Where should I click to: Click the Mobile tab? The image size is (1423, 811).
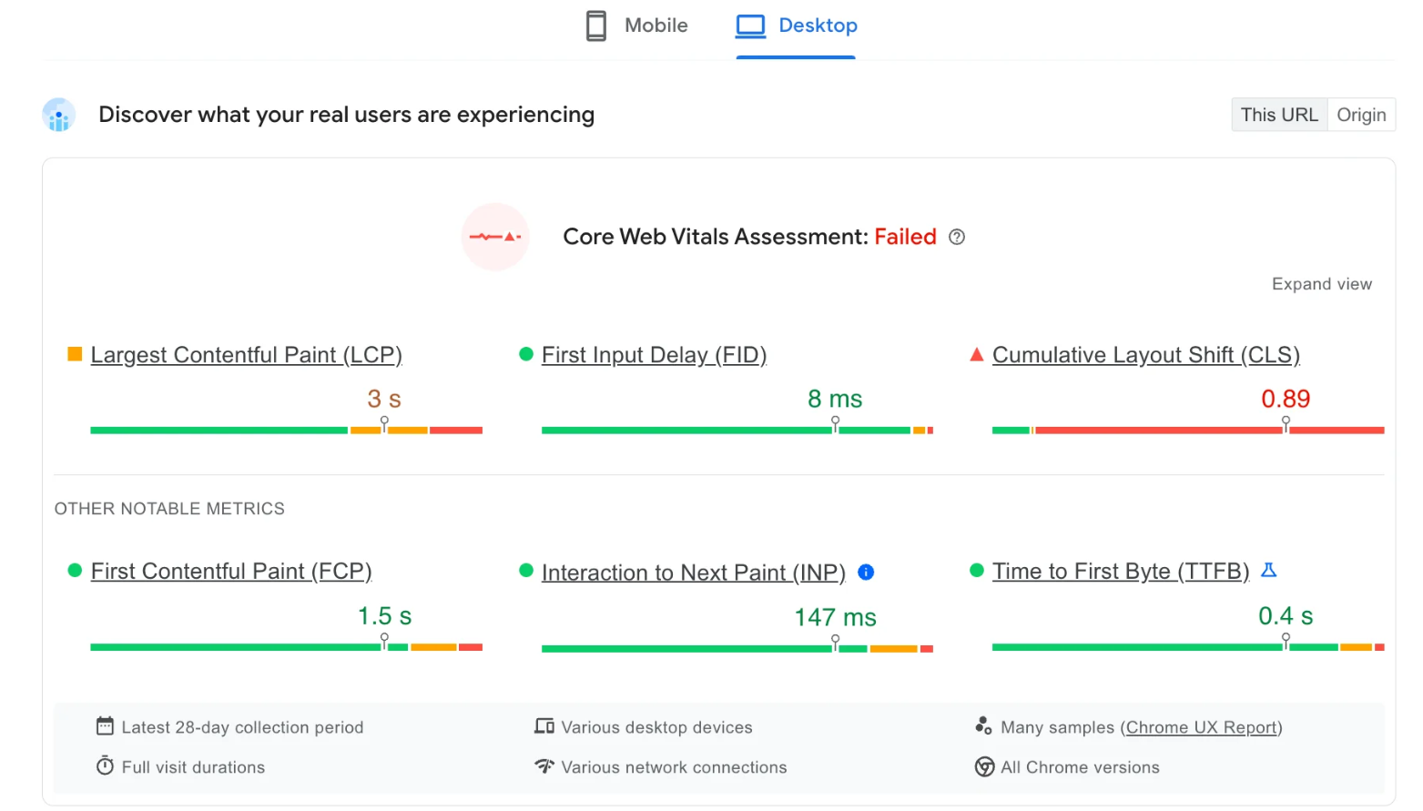(637, 25)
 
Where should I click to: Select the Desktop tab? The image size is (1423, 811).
(797, 25)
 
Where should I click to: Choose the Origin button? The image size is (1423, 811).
(1360, 115)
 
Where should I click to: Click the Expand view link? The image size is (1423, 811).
(1321, 284)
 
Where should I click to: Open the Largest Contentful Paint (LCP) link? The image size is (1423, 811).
(246, 355)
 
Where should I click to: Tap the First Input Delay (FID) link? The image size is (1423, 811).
(654, 355)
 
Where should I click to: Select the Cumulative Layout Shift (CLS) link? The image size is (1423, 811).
(1145, 355)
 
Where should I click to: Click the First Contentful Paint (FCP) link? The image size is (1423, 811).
(231, 572)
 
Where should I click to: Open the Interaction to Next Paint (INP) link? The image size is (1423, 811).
(693, 573)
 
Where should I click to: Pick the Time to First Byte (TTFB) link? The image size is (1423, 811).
(1120, 572)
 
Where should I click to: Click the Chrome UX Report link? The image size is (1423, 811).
(1201, 727)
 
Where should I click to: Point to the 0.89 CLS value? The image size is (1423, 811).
(1285, 399)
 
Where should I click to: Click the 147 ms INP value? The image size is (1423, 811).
(835, 617)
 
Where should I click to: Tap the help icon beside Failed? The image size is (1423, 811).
(957, 238)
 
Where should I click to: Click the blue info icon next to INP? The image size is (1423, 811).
(866, 573)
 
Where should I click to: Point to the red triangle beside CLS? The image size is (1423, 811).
(977, 354)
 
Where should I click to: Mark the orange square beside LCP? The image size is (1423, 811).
(75, 354)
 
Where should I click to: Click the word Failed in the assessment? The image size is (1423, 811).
(905, 238)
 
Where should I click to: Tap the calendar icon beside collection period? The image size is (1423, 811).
(105, 726)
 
